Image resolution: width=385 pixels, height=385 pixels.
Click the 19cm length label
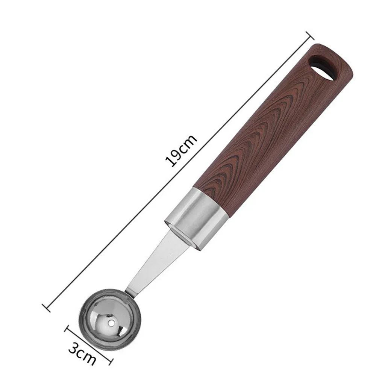point(181,150)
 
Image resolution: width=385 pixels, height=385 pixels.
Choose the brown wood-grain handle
point(273,128)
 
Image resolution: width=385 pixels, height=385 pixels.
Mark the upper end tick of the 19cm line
point(310,36)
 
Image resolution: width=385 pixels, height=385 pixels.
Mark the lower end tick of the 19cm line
point(46,308)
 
